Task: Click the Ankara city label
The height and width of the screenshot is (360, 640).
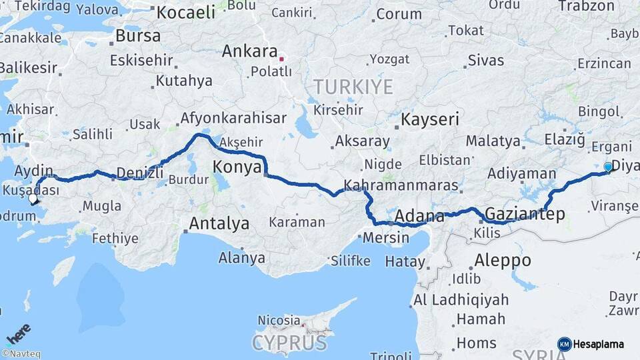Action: coord(249,51)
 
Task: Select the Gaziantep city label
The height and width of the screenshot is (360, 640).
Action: coord(525,214)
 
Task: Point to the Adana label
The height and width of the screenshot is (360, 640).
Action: coord(419,216)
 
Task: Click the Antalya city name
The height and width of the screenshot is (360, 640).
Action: coord(219,223)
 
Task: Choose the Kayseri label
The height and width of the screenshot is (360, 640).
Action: coord(430,120)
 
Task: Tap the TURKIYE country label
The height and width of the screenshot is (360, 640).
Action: coord(353,87)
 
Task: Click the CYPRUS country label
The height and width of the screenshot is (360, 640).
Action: coord(289,343)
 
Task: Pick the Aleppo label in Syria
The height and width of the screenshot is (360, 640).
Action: coord(503,260)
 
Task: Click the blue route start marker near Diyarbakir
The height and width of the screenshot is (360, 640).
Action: coord(608,167)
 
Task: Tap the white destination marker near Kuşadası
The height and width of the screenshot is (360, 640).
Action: coord(33,198)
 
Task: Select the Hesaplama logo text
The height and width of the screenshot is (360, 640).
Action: coord(598,344)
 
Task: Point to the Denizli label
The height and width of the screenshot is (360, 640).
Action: coord(140,173)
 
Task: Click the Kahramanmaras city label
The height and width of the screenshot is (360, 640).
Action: coord(402,185)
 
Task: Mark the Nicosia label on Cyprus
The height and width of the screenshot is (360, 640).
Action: coord(279,320)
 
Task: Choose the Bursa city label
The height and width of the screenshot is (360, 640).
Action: coord(138,35)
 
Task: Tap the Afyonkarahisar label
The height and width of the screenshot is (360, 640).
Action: coord(233,119)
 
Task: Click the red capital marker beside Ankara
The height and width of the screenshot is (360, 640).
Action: coord(282,59)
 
